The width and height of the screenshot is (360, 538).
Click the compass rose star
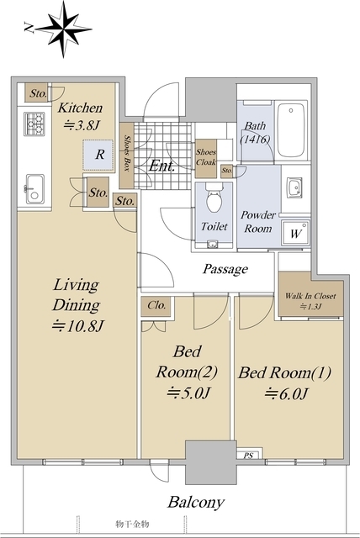tap(64, 29)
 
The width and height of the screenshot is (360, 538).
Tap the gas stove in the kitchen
tap(34, 124)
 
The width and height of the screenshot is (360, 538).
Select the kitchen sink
tap(35, 189)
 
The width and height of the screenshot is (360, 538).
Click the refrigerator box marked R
tap(98, 155)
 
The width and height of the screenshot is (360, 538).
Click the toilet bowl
tap(214, 198)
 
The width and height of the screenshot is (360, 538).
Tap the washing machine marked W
tap(295, 234)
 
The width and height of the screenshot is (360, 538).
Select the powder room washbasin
tap(294, 187)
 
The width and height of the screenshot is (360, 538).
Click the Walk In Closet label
tap(310, 296)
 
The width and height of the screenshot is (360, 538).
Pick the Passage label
tap(225, 269)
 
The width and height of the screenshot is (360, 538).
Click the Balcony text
tap(196, 503)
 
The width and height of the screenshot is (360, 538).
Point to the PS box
tap(250, 454)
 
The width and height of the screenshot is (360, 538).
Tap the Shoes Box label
tap(127, 153)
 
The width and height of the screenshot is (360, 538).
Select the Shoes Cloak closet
tap(206, 159)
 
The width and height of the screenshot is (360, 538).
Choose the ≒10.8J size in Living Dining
tap(77, 326)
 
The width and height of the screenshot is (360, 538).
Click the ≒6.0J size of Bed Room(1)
tap(286, 393)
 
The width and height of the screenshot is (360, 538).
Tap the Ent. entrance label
tap(162, 166)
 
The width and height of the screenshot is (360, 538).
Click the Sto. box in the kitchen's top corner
tap(37, 92)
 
